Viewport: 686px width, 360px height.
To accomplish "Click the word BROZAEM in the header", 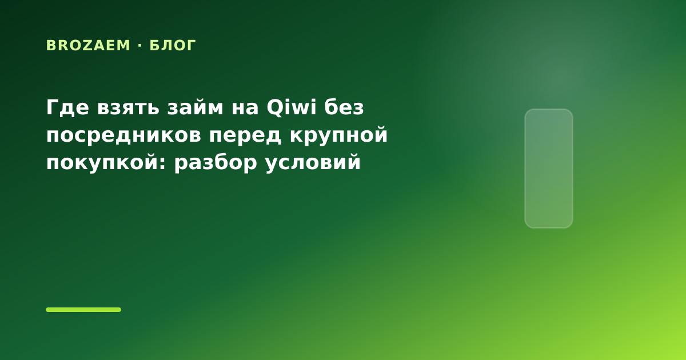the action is pyautogui.click(x=88, y=46).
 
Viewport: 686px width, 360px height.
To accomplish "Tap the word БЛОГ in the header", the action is pyautogui.click(x=173, y=46).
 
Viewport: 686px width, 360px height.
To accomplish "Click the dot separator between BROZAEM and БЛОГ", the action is pyautogui.click(x=140, y=46).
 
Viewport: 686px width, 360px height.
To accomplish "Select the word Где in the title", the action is pyautogui.click(x=67, y=108).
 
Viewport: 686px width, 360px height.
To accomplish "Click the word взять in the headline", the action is pyautogui.click(x=128, y=108).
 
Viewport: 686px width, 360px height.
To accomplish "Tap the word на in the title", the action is pyautogui.click(x=245, y=109).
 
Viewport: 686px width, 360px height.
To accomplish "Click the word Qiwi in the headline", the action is pyautogui.click(x=291, y=107).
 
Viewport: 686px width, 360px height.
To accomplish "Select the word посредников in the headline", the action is pyautogui.click(x=123, y=135).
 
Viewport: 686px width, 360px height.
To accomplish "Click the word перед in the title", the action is pyautogui.click(x=245, y=136).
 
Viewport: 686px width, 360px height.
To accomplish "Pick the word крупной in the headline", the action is pyautogui.click(x=338, y=135).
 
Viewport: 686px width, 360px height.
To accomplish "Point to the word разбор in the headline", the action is pyautogui.click(x=216, y=163).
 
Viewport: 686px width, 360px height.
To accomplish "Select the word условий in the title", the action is pyautogui.click(x=313, y=163).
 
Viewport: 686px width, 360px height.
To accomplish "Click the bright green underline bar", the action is pyautogui.click(x=83, y=310).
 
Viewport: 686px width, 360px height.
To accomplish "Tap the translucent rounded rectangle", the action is pyautogui.click(x=549, y=169).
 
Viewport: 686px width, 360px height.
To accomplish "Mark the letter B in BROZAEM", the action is pyautogui.click(x=50, y=46).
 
